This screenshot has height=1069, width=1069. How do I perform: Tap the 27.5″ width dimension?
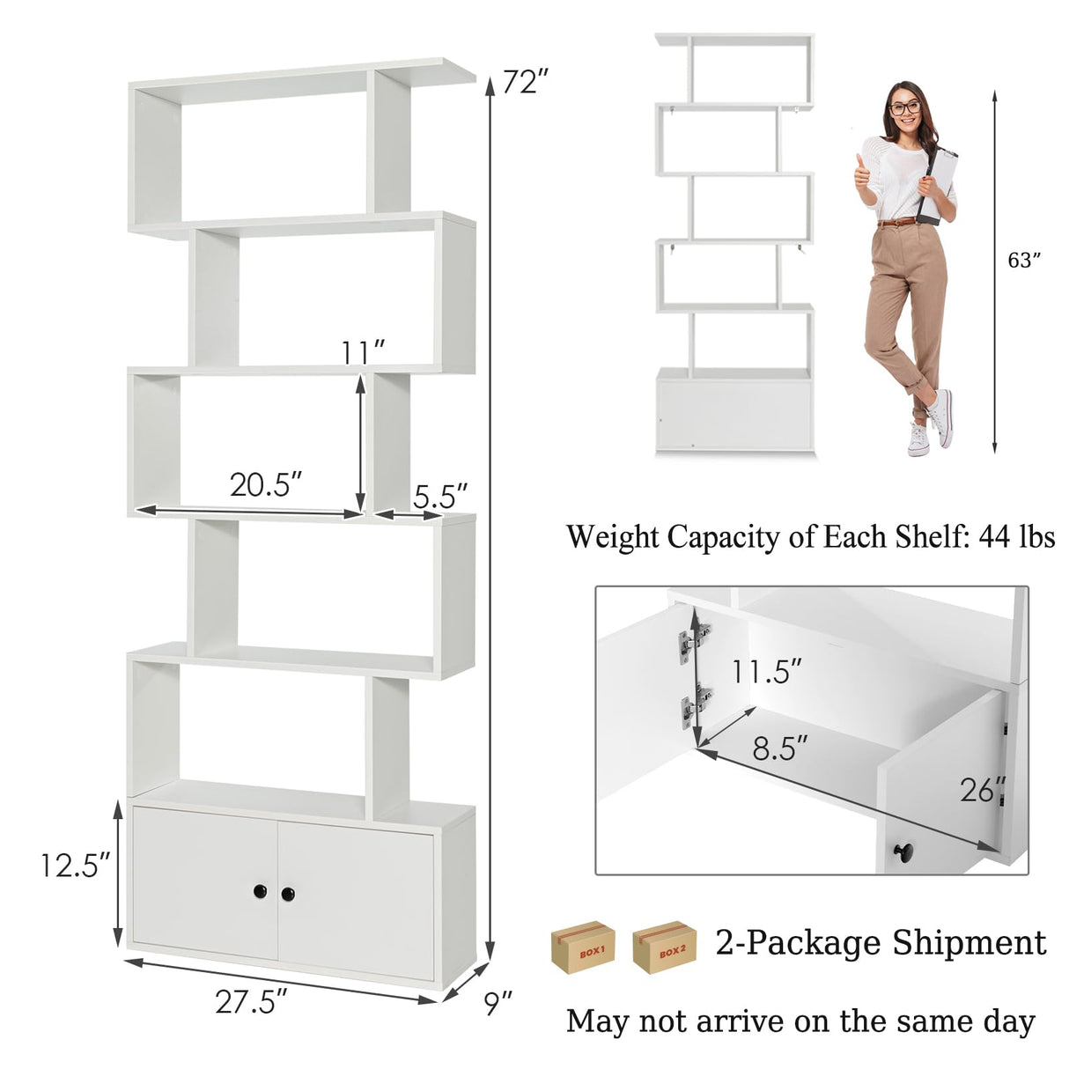(x=251, y=1001)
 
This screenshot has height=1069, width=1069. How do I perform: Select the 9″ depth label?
(x=498, y=1000)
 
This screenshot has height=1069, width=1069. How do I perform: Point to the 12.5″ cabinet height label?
(x=74, y=865)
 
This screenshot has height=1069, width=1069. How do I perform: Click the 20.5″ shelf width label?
(x=266, y=484)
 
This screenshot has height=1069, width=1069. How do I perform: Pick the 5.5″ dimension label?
(x=439, y=497)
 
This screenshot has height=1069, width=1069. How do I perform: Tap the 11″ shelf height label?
(x=364, y=351)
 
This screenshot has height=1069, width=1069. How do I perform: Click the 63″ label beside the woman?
(x=1024, y=261)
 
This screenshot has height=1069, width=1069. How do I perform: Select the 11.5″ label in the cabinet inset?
(x=766, y=672)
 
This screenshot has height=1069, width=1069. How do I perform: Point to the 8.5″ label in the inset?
(x=779, y=748)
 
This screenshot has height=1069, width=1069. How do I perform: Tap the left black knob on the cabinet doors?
(x=260, y=892)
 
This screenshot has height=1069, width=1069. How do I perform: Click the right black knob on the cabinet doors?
(x=288, y=894)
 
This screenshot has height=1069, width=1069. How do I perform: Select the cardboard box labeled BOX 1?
(x=583, y=947)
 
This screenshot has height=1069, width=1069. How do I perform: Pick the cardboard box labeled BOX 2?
(x=665, y=947)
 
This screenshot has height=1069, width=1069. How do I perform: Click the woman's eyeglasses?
(x=904, y=108)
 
